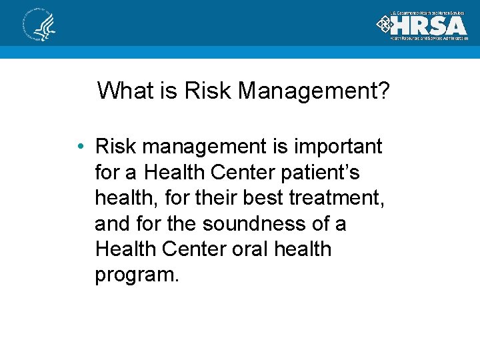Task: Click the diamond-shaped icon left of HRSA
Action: pyautogui.click(x=385, y=25)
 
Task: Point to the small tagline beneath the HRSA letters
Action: pyautogui.click(x=429, y=39)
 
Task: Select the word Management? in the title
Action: pyautogui.click(x=313, y=91)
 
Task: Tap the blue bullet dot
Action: pyautogui.click(x=79, y=147)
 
